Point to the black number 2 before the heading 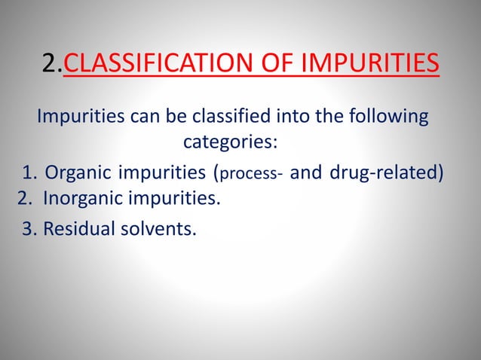click(x=51, y=63)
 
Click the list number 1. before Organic click(x=30, y=172)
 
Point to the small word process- click(x=251, y=174)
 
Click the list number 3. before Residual click(x=30, y=228)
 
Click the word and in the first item click(x=305, y=172)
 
